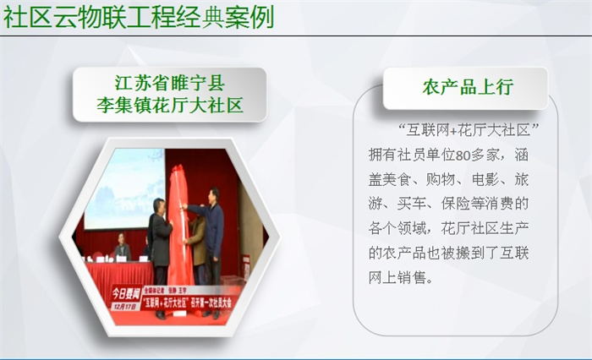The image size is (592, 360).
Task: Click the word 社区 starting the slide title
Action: [x=28, y=15]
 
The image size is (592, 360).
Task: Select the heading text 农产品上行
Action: [x=467, y=87]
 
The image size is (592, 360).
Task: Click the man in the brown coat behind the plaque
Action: [x=198, y=241]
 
